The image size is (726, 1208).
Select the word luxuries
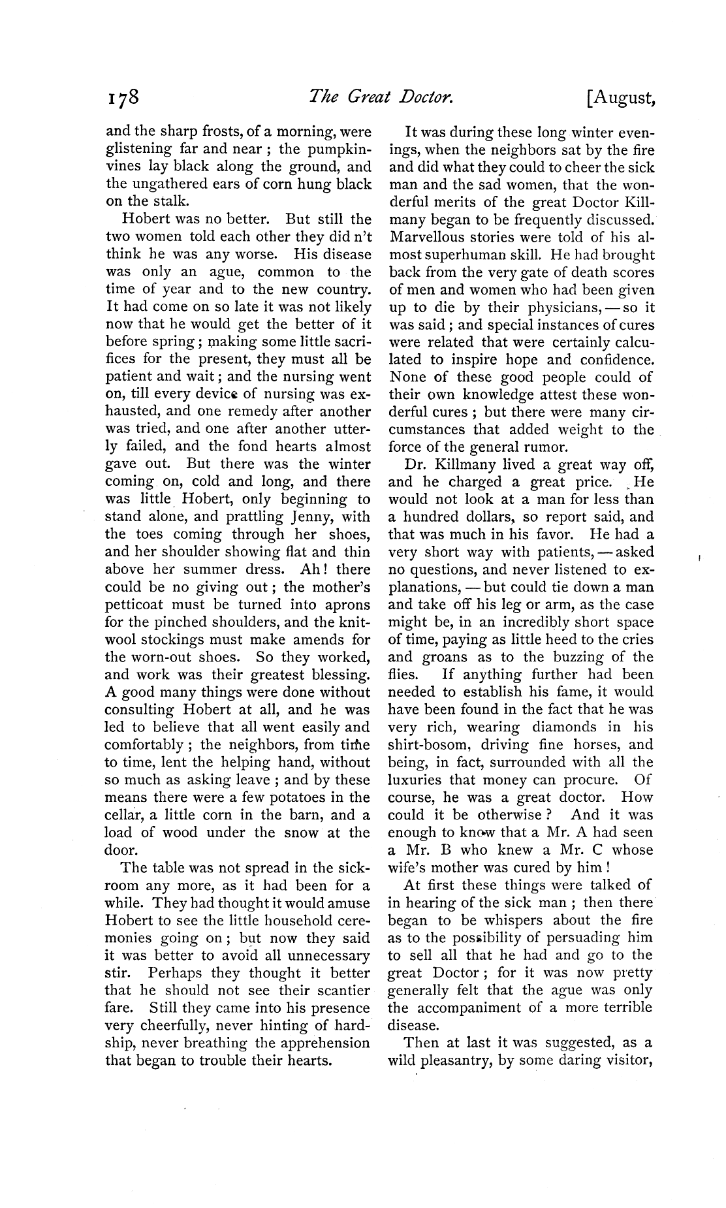coord(420,780)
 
